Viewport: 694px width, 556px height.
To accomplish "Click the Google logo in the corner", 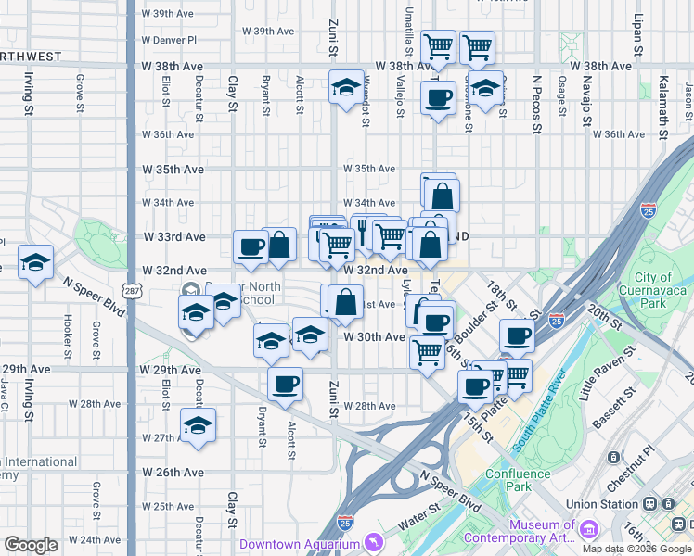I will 32,545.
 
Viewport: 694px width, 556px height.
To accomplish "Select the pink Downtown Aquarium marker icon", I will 373,542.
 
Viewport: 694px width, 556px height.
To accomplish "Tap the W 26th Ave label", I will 167,473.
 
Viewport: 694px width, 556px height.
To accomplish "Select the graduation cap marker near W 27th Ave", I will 198,426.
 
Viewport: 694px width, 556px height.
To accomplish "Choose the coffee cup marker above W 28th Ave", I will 286,383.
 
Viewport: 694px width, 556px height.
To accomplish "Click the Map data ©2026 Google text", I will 637,549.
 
